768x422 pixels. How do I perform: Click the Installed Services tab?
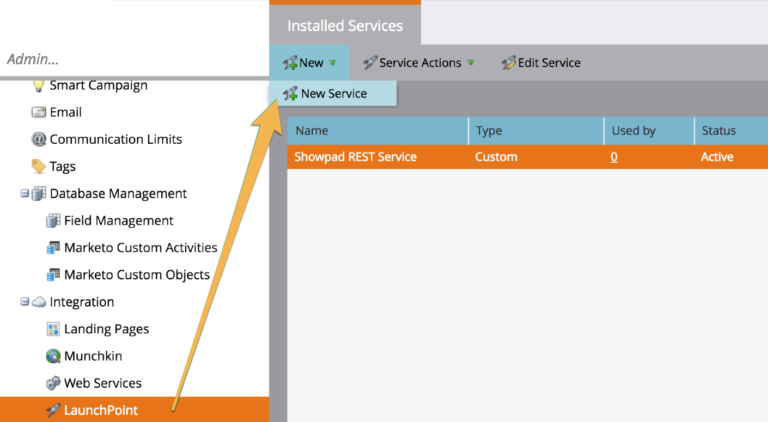[345, 26]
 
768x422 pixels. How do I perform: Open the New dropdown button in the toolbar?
[309, 63]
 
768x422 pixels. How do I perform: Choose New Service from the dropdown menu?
[333, 94]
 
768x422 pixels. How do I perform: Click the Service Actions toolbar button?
[419, 63]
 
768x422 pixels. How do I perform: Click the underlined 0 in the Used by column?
[614, 157]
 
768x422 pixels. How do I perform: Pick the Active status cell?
[717, 157]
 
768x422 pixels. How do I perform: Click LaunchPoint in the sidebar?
[101, 410]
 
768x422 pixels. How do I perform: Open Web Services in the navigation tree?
[102, 383]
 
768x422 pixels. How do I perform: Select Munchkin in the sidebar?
[93, 356]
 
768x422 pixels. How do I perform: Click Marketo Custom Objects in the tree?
[137, 275]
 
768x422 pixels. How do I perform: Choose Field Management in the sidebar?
[118, 221]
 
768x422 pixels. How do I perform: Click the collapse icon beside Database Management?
[25, 193]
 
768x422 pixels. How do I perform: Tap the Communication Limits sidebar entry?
[115, 139]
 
